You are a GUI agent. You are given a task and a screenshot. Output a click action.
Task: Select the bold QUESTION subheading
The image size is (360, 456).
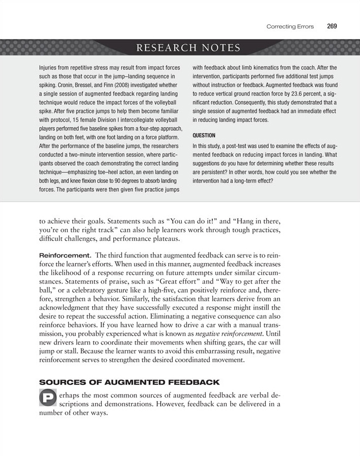[x=205, y=136]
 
